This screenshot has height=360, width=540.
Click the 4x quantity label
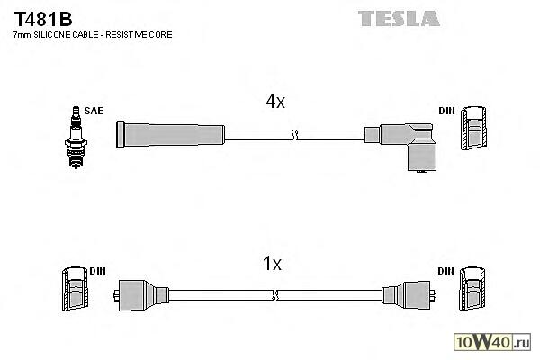click(274, 103)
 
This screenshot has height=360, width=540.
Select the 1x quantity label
click(272, 264)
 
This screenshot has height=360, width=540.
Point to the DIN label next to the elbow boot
click(446, 112)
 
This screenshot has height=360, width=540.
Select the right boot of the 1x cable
click(408, 294)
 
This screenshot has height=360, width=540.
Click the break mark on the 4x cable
click(294, 135)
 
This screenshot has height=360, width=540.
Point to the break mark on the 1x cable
click(275, 294)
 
